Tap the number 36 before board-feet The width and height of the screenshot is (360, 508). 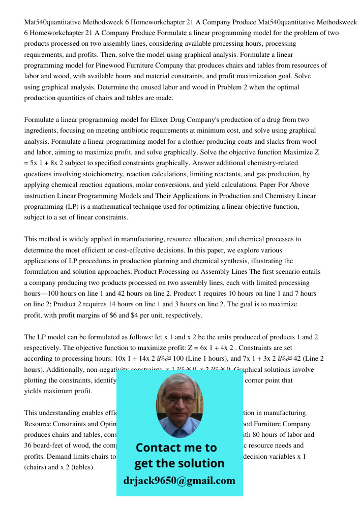click(28, 446)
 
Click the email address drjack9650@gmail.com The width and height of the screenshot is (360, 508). click(179, 481)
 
